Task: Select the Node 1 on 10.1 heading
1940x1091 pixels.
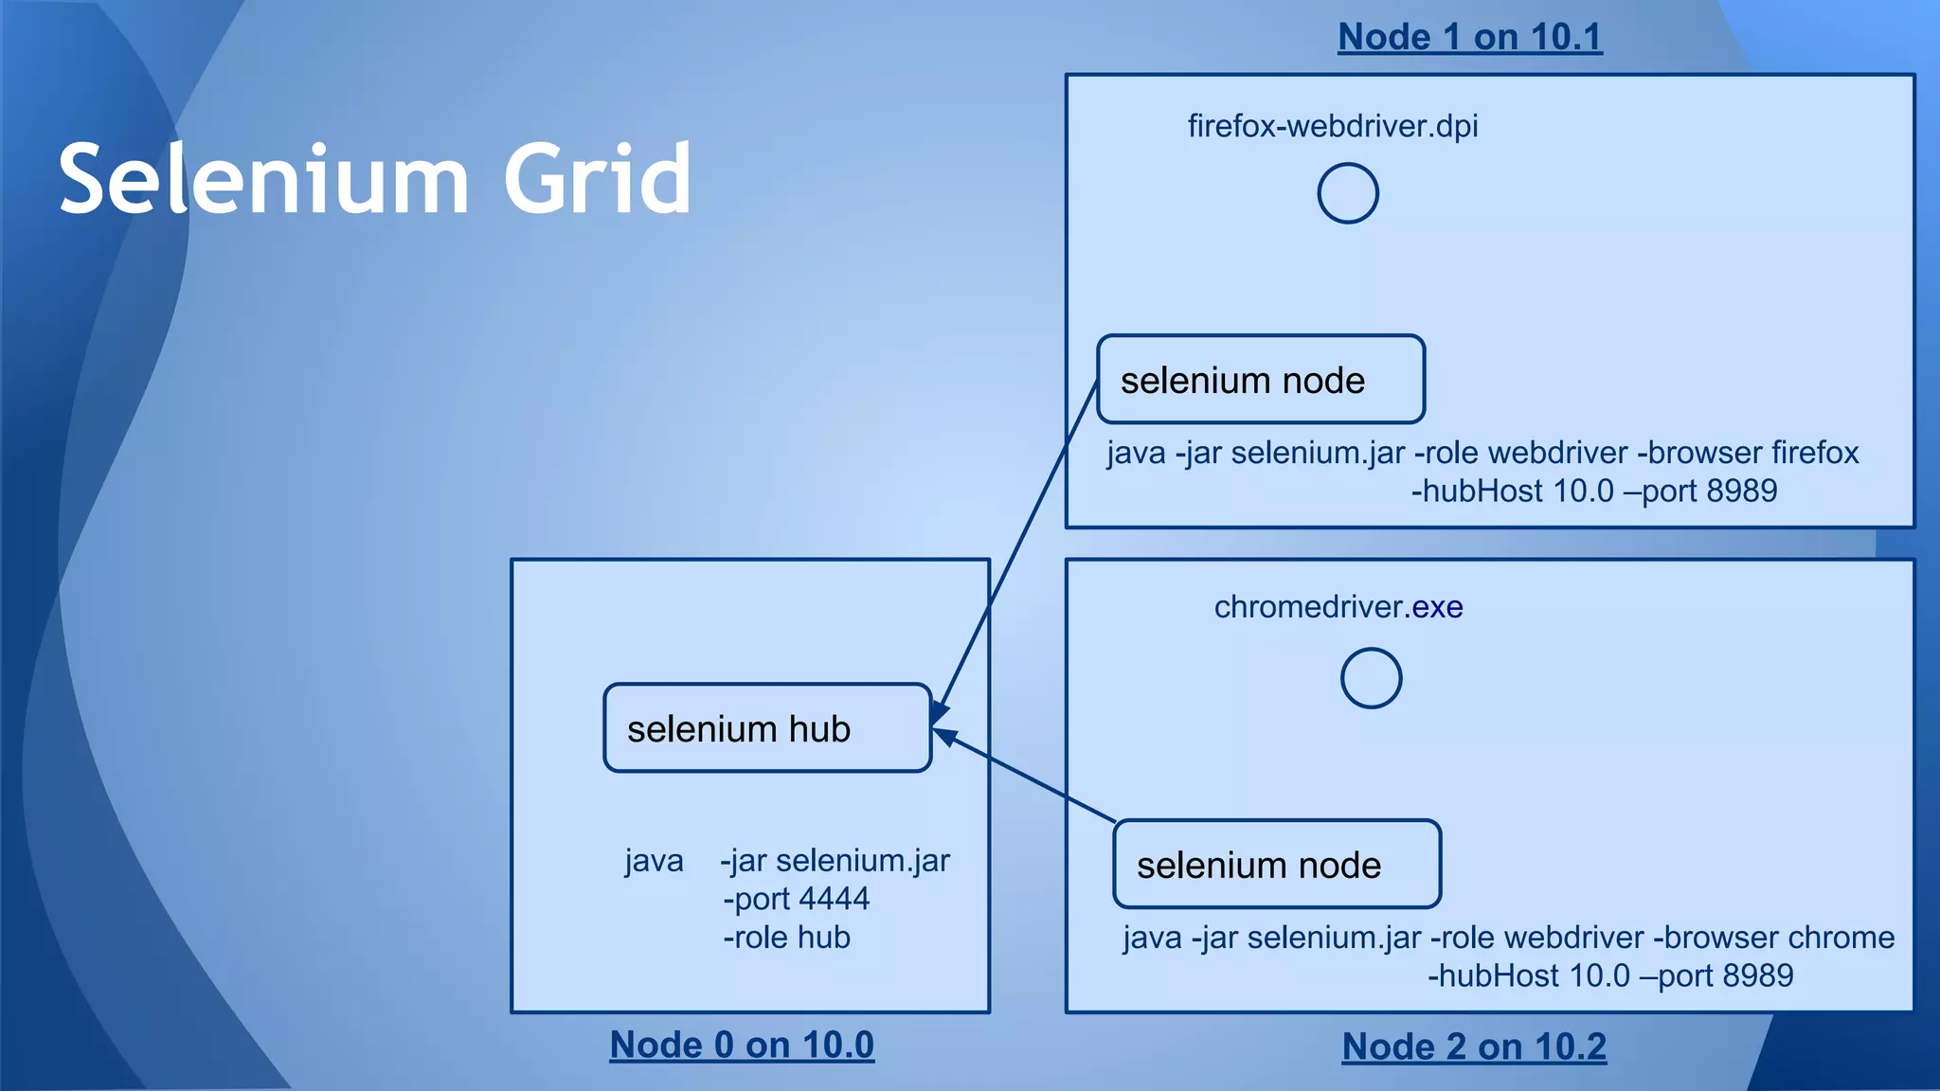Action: [1469, 37]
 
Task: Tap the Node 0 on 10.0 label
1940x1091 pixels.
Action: [742, 1045]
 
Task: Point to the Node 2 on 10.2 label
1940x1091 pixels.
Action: [1474, 1046]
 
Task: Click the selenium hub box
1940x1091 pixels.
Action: [767, 727]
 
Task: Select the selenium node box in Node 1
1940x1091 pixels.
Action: [1260, 379]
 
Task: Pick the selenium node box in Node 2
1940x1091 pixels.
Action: [1276, 864]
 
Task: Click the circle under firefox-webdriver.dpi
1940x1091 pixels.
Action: [1347, 193]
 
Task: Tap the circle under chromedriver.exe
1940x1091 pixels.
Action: [1371, 678]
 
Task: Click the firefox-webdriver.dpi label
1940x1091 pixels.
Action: [1332, 126]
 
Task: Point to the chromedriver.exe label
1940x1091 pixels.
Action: [1338, 607]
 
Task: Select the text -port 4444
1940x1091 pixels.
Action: [796, 899]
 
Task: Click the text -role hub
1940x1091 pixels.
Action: [786, 938]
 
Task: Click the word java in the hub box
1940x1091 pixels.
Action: [654, 861]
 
